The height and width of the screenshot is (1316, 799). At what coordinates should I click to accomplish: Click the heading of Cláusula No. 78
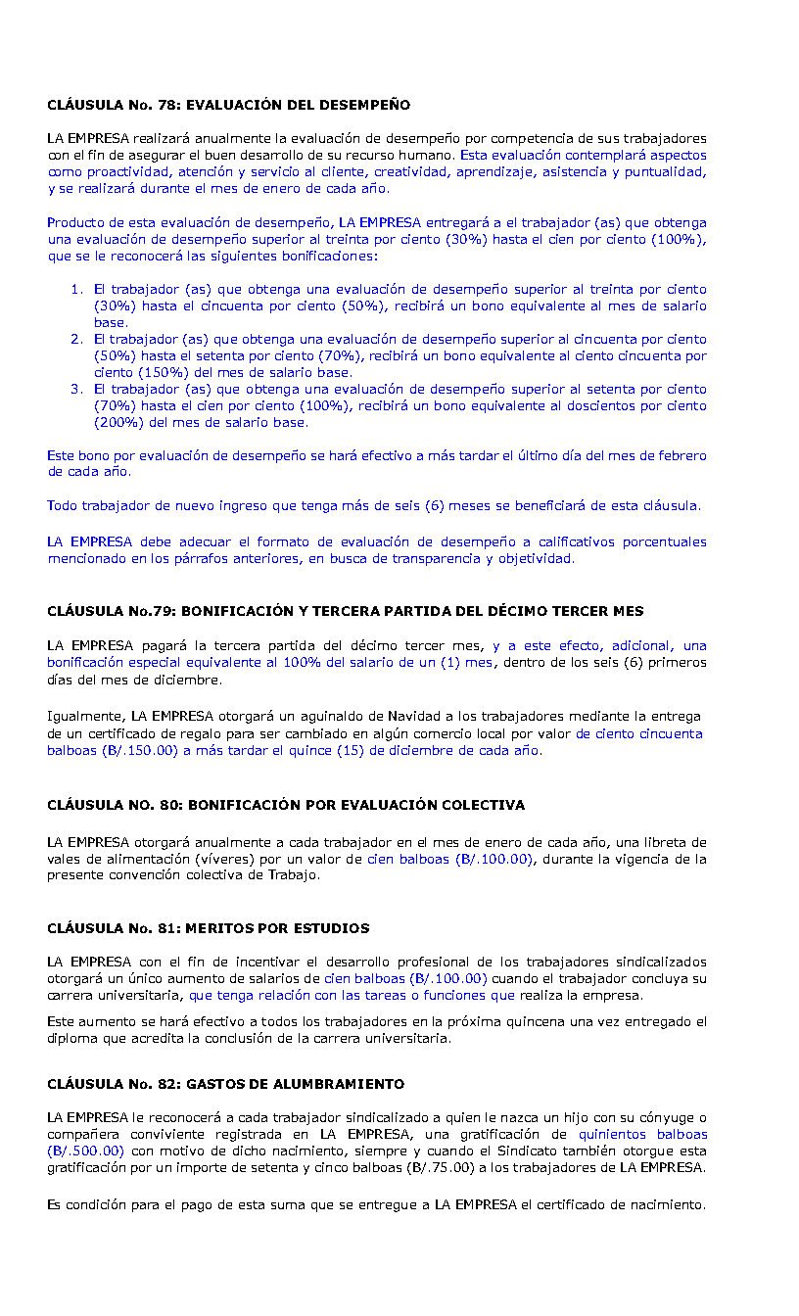click(228, 105)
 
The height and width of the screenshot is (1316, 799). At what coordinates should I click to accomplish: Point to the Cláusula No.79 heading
click(345, 611)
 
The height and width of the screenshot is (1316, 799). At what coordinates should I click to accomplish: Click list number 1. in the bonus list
click(76, 289)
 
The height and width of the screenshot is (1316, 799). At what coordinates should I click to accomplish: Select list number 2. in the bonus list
click(76, 339)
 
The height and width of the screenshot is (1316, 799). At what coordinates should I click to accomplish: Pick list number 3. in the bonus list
click(76, 389)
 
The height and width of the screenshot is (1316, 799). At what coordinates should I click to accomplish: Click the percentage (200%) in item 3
click(119, 423)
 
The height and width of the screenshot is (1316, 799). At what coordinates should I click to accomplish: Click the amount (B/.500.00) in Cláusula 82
click(86, 1151)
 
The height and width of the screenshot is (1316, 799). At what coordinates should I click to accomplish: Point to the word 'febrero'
click(681, 455)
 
